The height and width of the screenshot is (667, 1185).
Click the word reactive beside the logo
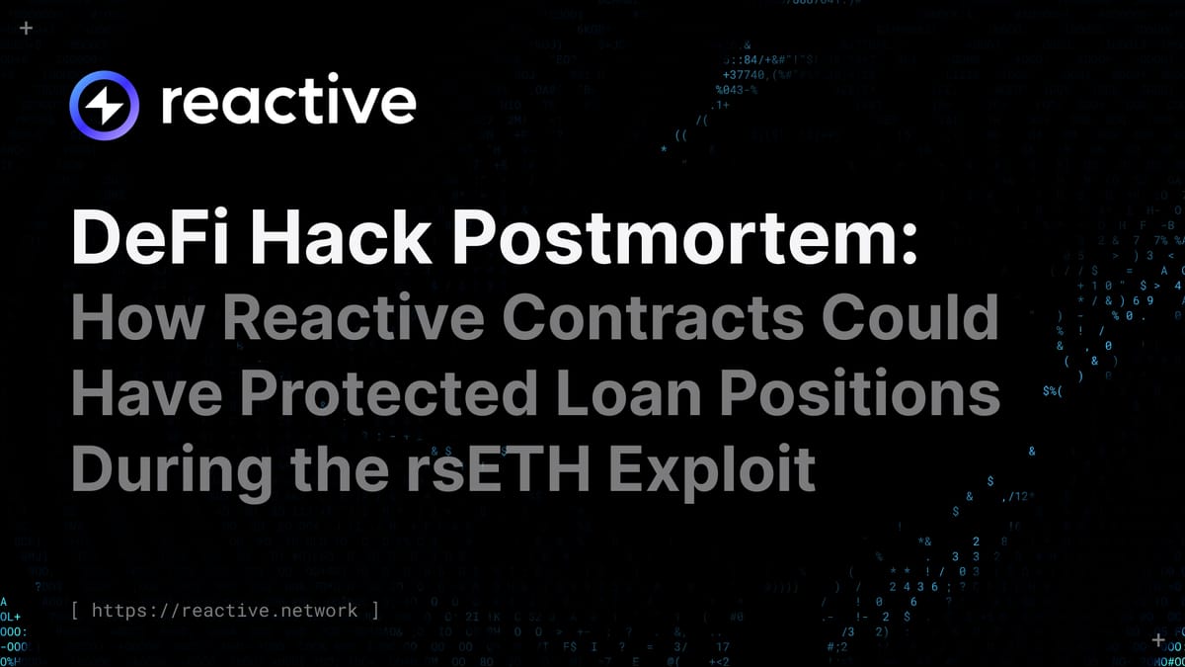pos(287,103)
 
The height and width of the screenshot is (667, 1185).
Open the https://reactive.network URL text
pos(225,610)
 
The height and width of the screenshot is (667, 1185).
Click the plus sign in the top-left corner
pos(26,28)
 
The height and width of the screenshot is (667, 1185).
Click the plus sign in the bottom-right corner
pos(1158,639)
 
